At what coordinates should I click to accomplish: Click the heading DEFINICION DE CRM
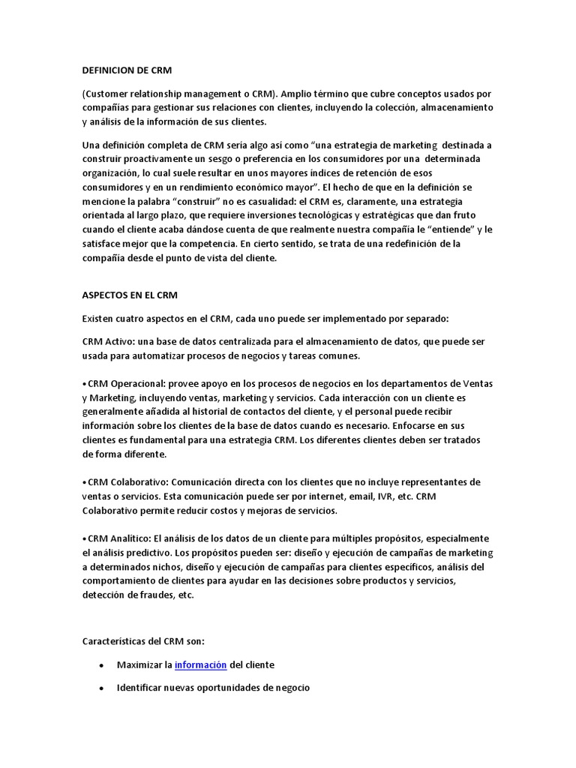(x=127, y=70)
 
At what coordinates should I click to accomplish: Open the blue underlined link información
(x=200, y=664)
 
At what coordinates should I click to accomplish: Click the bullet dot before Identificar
(x=100, y=688)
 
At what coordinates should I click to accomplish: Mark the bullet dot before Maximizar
(x=100, y=665)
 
